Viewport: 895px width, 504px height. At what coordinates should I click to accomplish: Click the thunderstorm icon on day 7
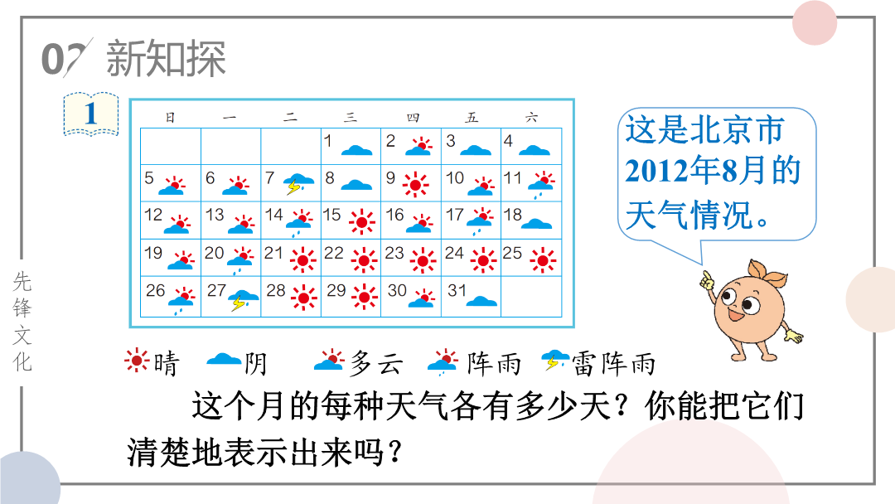coord(299,183)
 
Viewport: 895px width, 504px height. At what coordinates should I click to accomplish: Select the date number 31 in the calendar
coord(457,290)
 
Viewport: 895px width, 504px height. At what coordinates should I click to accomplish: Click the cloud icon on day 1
coord(356,150)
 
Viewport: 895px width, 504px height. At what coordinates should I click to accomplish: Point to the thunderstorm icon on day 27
coord(244,300)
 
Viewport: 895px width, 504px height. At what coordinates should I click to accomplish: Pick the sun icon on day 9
coord(415,184)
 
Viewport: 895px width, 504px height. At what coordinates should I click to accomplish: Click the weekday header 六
coord(531,118)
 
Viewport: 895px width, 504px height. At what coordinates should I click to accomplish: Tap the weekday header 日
coord(170,118)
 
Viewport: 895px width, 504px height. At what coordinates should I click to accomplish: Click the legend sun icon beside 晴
coord(137,361)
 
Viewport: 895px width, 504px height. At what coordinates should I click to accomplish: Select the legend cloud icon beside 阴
coord(224,360)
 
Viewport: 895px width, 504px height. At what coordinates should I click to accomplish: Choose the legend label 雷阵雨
coord(613,364)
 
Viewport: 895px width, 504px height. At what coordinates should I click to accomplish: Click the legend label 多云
coord(377,364)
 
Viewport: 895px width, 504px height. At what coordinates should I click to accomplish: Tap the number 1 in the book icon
coord(91,114)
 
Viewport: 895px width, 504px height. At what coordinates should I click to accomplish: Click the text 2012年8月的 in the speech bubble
coord(713,171)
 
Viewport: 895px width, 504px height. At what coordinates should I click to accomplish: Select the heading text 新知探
coord(166,58)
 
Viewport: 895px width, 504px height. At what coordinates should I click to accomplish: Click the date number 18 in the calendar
coord(513,215)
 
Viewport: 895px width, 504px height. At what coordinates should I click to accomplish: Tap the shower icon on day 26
coord(182,301)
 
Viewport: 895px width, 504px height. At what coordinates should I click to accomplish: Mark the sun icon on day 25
coord(542,261)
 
